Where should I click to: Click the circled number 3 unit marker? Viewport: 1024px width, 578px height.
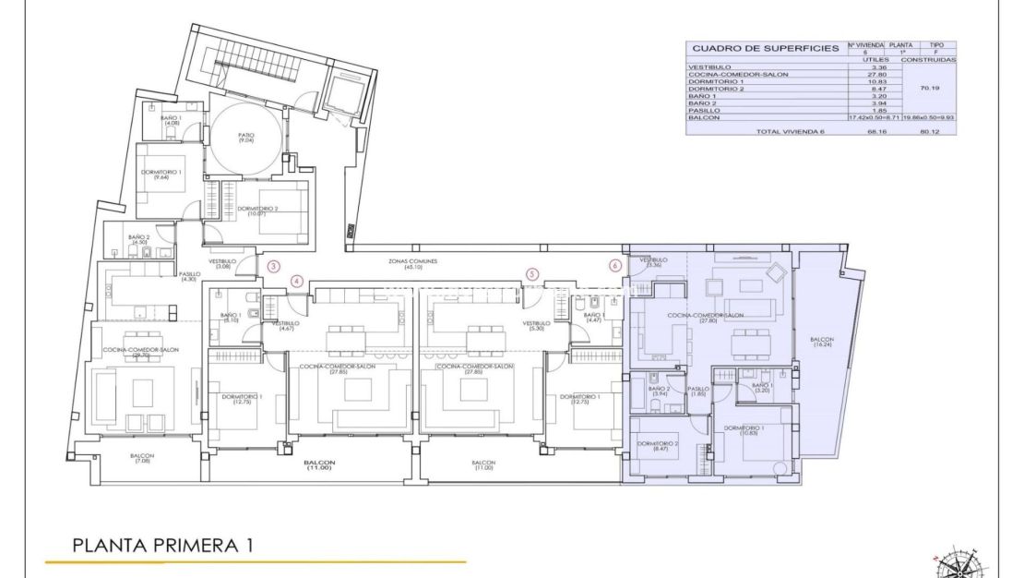click(x=273, y=266)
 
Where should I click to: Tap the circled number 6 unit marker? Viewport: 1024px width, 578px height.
click(x=615, y=266)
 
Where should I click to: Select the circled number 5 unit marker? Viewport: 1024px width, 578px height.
click(x=532, y=274)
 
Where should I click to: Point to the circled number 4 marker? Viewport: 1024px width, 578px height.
click(x=297, y=281)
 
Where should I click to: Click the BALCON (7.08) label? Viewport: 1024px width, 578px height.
click(x=142, y=458)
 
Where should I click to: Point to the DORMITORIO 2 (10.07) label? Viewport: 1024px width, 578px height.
click(x=259, y=211)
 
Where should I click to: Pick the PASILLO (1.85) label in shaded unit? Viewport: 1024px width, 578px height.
click(x=698, y=391)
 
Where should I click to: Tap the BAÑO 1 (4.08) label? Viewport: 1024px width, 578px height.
click(x=171, y=121)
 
